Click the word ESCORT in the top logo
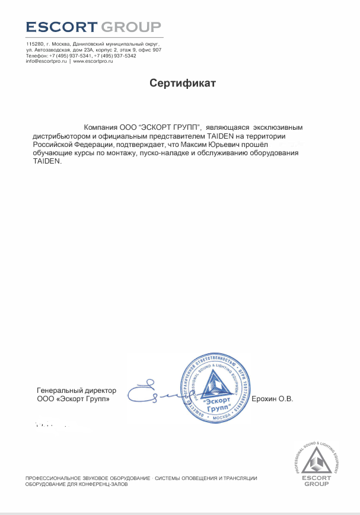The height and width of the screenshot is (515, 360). (x=62, y=27)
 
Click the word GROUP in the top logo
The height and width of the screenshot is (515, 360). (x=131, y=27)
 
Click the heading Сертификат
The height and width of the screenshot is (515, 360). (x=182, y=83)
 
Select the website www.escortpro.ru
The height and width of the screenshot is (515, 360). (x=93, y=61)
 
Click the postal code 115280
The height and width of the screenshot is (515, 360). (x=34, y=44)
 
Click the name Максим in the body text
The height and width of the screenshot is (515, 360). (x=216, y=144)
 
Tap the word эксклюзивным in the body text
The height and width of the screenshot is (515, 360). (x=278, y=127)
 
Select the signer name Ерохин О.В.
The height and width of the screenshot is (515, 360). (x=273, y=399)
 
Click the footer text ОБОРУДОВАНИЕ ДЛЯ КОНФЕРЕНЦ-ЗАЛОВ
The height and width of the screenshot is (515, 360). (x=76, y=484)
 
